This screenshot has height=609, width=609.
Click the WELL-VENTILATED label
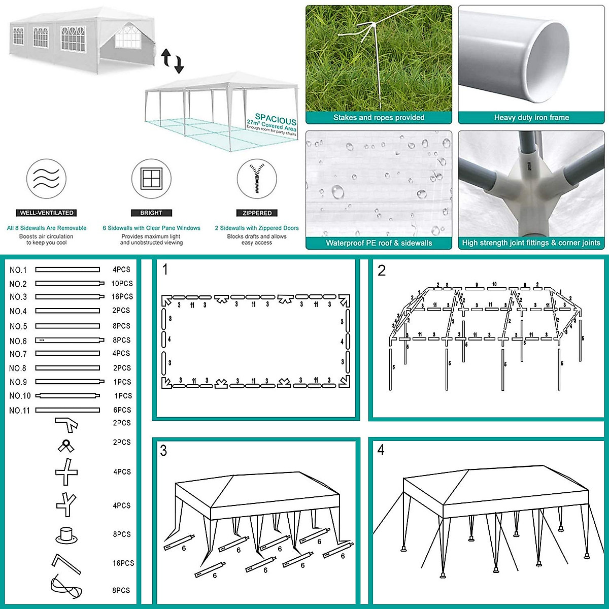[47, 213]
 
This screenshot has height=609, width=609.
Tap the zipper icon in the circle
[257, 180]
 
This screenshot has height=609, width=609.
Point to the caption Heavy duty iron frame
[531, 118]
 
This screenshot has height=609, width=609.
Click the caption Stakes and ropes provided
[379, 118]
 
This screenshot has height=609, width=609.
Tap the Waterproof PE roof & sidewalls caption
[379, 243]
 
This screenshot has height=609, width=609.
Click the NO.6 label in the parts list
[18, 341]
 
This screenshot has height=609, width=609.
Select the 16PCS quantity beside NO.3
[122, 296]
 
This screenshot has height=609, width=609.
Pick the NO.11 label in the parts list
[20, 410]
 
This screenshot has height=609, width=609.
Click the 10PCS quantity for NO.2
[122, 284]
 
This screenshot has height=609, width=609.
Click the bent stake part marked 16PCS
[66, 562]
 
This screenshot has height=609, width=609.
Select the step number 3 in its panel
[163, 451]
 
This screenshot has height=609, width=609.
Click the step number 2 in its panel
[382, 270]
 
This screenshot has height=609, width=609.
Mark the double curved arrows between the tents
[173, 60]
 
